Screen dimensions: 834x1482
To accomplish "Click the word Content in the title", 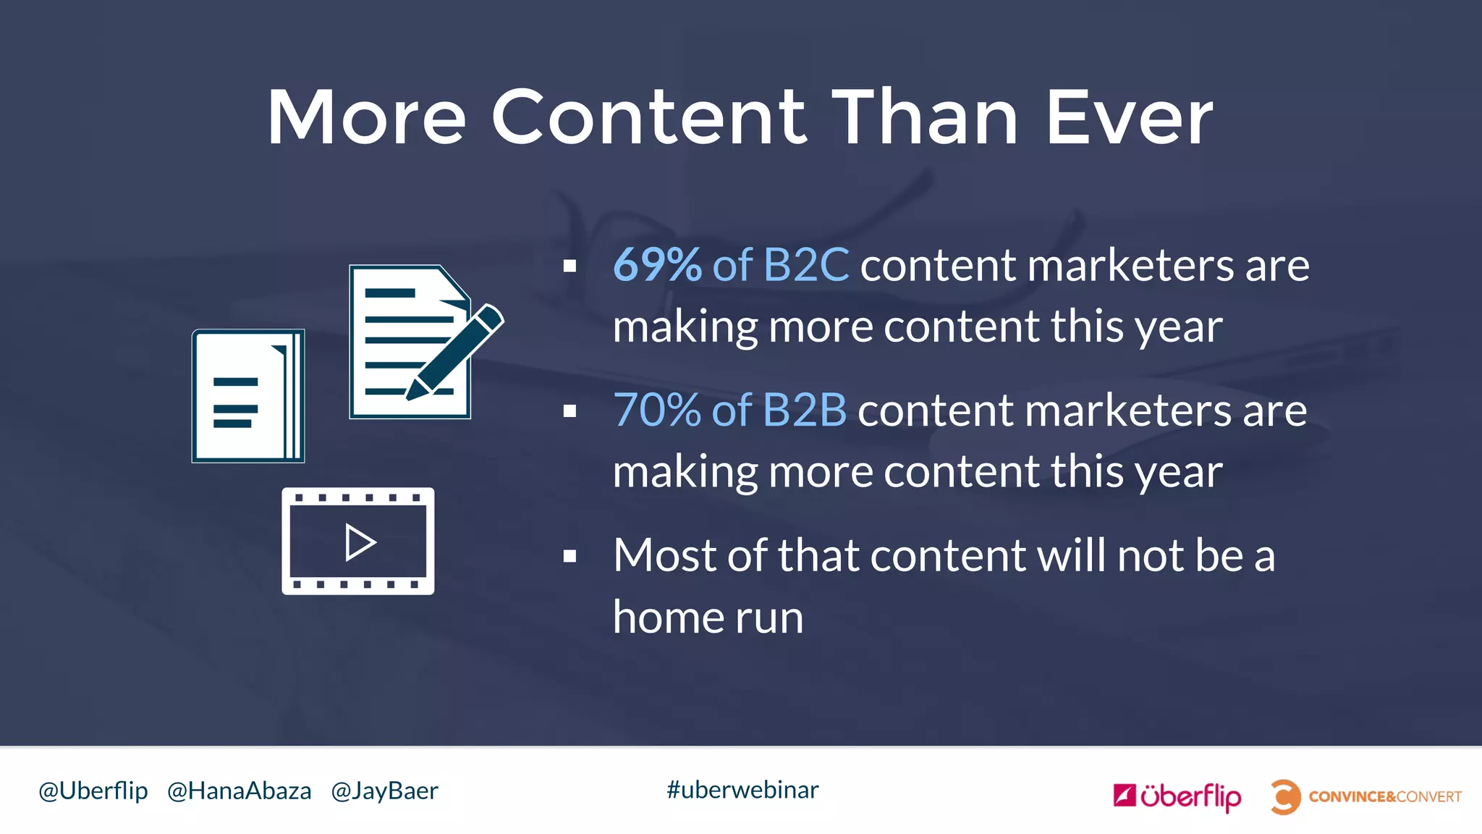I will (x=648, y=117).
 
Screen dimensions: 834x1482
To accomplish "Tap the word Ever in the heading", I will (x=1129, y=117).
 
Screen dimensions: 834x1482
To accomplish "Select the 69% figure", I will (x=657, y=265).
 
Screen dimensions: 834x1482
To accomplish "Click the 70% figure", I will (x=657, y=410).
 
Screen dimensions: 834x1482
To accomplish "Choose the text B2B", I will (x=804, y=410).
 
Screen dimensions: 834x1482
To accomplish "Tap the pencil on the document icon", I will (x=455, y=352).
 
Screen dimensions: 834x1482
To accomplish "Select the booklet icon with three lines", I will (x=247, y=396).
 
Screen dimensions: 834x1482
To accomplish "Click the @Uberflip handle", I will (x=93, y=791).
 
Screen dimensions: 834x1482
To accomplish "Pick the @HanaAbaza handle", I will (x=239, y=791).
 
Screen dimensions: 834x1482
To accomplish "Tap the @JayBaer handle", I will (x=384, y=791).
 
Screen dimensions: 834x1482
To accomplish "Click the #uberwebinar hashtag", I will (x=742, y=790).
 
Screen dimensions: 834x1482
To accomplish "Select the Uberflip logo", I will (x=1177, y=796).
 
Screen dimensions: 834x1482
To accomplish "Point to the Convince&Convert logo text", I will (x=1385, y=797).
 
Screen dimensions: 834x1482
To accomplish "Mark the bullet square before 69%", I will (x=569, y=266).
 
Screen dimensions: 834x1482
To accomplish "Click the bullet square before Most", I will (x=569, y=556).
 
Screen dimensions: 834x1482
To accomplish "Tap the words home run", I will (x=708, y=618).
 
